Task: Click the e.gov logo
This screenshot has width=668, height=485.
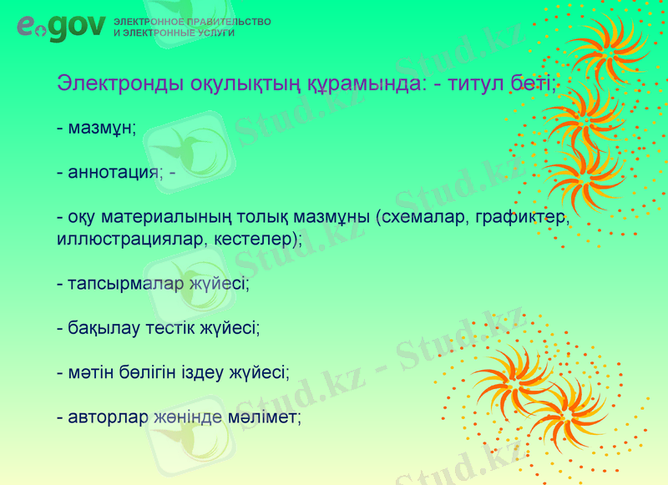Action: tap(61, 28)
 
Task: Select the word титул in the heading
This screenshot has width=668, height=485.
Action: tap(473, 83)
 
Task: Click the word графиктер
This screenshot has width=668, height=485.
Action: tap(523, 218)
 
